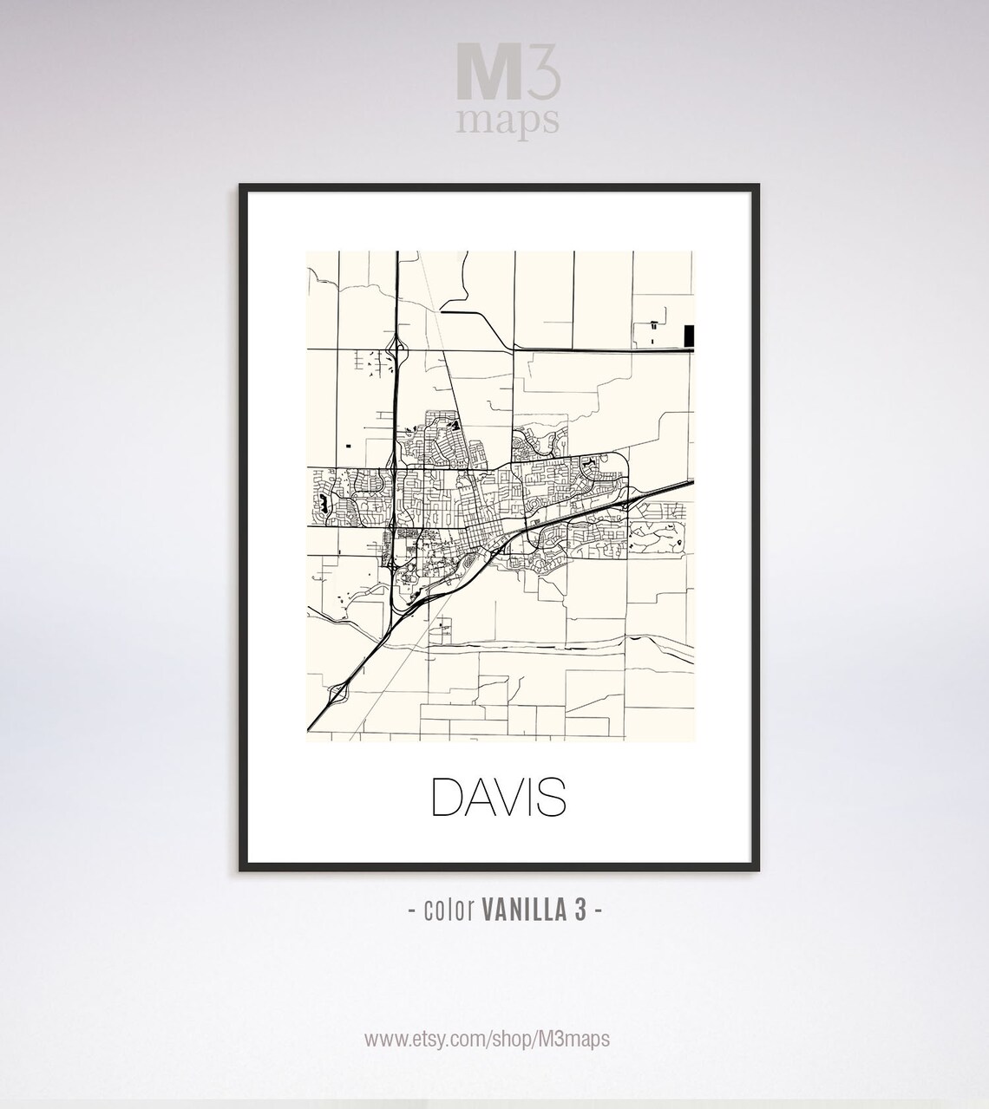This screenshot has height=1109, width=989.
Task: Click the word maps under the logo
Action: (x=508, y=120)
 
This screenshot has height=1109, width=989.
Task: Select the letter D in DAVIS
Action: (x=448, y=798)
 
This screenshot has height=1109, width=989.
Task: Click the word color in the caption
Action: (x=448, y=910)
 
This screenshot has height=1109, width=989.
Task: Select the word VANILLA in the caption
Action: (x=519, y=910)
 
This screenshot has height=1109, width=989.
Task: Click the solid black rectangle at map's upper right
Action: (x=690, y=336)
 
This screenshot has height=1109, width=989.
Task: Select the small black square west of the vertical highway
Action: (x=349, y=445)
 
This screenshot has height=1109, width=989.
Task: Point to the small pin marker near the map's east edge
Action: (x=679, y=544)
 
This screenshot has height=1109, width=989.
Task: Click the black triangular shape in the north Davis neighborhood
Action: (x=453, y=425)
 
